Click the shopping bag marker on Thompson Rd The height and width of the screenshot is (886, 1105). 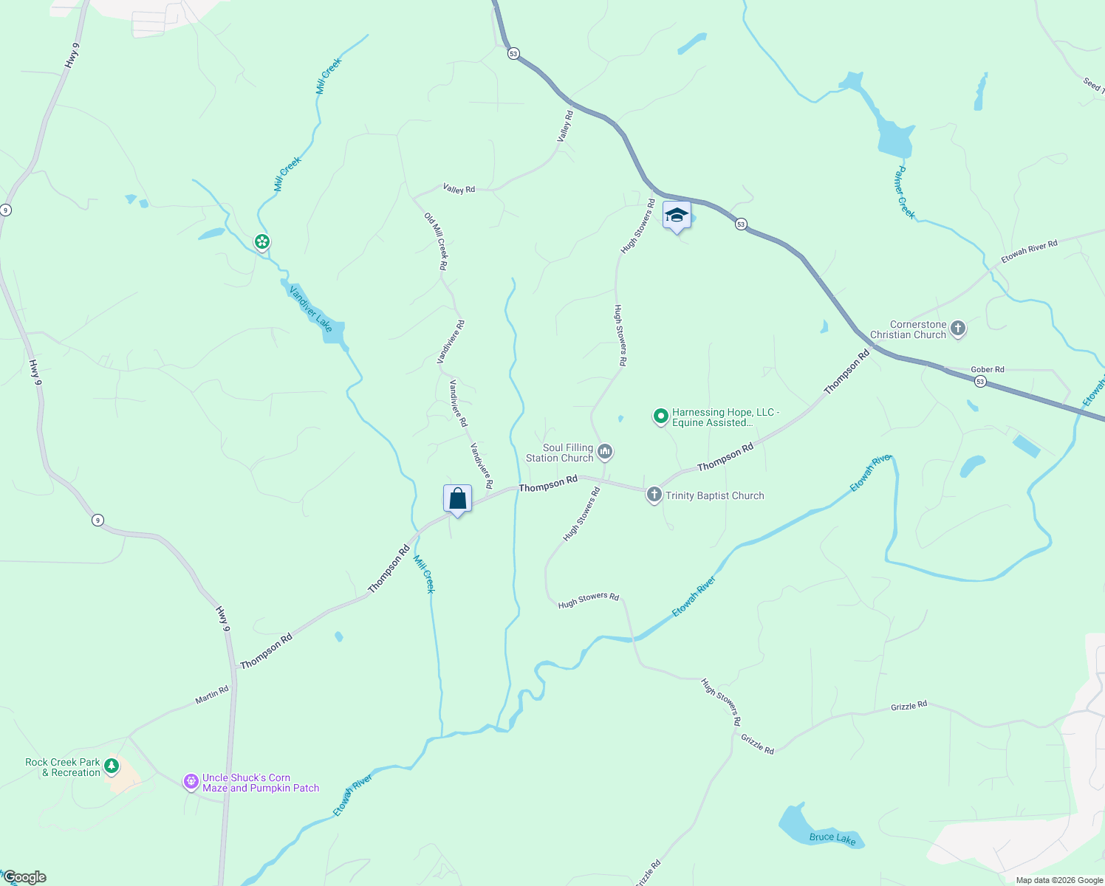coord(457,499)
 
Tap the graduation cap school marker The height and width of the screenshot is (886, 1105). coord(677,216)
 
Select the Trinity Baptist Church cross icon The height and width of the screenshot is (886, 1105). coord(654,495)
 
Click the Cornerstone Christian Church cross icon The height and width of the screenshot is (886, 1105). coord(958,329)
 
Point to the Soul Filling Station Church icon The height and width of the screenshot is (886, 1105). coord(605,452)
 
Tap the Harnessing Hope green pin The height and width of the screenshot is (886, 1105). coord(661,416)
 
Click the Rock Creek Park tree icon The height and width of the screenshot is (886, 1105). coord(112,766)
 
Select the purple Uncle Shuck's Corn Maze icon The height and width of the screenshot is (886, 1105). coord(191,781)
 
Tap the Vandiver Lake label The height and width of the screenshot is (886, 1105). coord(311,309)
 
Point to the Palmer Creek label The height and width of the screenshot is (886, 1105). coord(904,193)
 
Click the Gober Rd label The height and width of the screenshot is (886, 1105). coord(988,369)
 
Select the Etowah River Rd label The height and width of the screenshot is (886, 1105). coord(1029,251)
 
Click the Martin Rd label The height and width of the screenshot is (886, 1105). coord(212,695)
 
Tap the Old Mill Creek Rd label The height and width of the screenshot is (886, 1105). coord(435,241)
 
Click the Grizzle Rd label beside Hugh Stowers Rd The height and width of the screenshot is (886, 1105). coord(757,744)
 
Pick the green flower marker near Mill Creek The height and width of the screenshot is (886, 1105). coord(261,241)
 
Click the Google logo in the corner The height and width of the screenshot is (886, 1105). coord(24,877)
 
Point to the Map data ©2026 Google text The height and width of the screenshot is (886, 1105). coord(1059,880)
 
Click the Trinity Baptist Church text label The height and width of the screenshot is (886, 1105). coord(715,495)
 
